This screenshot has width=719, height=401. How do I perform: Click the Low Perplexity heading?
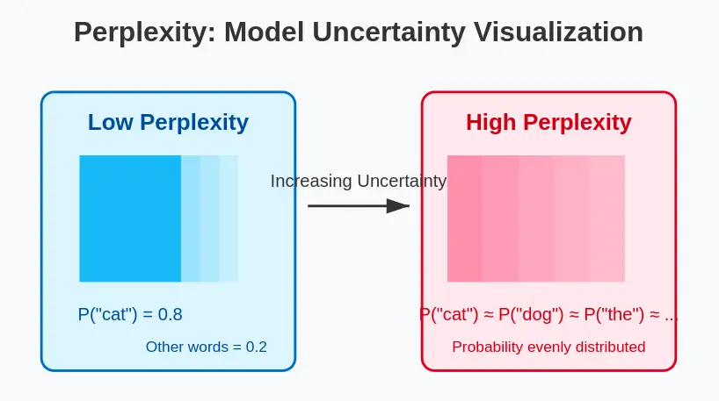168,123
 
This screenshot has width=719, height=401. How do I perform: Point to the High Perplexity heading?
548,123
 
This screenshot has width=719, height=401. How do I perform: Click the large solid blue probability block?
130,218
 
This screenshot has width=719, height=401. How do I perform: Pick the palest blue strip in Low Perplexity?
229,218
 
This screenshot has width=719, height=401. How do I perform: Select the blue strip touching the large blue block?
191,218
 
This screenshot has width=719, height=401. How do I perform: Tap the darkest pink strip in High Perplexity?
464,218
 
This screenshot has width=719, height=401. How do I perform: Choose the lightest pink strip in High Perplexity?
606,218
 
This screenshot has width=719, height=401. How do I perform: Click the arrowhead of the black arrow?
399,206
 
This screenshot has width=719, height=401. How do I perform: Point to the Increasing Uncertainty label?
359,181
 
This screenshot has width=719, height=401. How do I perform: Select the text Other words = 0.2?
207,347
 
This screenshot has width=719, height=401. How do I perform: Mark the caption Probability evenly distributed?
548,347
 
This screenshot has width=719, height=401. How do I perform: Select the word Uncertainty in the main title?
396,32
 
